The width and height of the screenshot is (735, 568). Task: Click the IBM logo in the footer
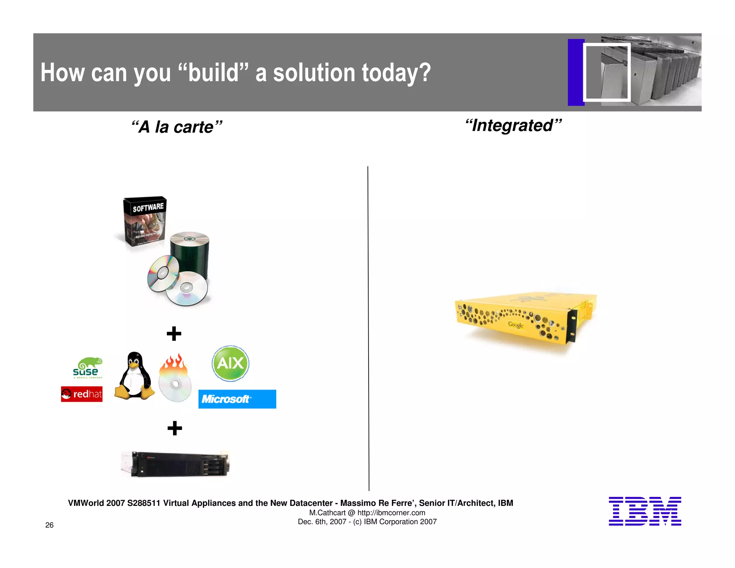[645, 511]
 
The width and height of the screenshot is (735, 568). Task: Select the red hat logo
[82, 394]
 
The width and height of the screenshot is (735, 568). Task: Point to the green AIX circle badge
[230, 363]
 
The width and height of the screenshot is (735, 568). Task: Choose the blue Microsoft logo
[237, 399]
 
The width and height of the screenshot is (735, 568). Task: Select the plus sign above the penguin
[174, 334]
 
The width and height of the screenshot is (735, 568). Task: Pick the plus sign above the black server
[175, 428]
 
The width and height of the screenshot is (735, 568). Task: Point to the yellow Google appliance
[525, 317]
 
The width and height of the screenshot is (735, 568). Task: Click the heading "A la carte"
[177, 127]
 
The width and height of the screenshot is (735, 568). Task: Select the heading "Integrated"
[513, 126]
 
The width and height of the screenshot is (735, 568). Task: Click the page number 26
[50, 525]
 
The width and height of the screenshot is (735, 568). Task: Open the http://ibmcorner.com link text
[391, 513]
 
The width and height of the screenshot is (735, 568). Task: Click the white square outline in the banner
[607, 72]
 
